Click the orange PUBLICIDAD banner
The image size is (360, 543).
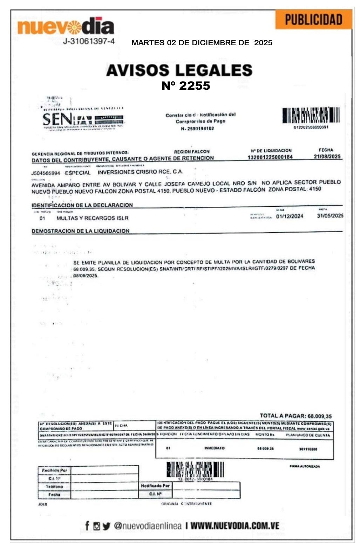313,20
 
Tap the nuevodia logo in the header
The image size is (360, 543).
66,26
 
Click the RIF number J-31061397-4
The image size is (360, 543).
89,41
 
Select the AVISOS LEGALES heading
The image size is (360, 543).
179,70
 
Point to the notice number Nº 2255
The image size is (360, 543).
186,86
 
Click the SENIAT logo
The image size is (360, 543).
83,118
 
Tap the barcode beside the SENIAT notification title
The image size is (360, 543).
311,116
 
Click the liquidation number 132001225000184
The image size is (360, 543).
270,157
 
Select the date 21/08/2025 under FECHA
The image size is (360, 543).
327,157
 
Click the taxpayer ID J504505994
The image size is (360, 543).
46,173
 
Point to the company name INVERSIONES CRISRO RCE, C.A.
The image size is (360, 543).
140,172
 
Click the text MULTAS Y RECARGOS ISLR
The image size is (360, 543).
93,218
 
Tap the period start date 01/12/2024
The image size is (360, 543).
290,216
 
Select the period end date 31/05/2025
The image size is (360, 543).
330,216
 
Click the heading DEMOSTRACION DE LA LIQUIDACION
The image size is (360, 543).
81,231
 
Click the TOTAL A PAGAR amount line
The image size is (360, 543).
296,416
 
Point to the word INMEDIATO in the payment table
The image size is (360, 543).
215,448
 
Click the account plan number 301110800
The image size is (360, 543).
308,449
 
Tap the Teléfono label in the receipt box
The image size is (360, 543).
54,487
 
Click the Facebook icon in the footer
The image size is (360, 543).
87,525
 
